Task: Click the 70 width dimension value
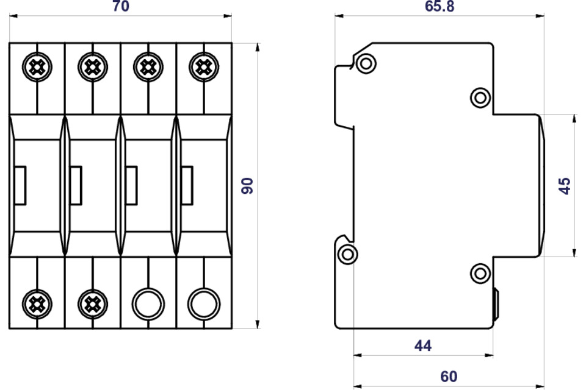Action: [122, 7]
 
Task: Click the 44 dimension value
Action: [422, 346]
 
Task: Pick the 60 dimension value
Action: [449, 376]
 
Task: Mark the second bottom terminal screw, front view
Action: [92, 301]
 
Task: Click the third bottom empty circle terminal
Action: [147, 301]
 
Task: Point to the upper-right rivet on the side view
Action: [480, 97]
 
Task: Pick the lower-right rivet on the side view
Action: [480, 272]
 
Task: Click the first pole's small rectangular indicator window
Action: [19, 185]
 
